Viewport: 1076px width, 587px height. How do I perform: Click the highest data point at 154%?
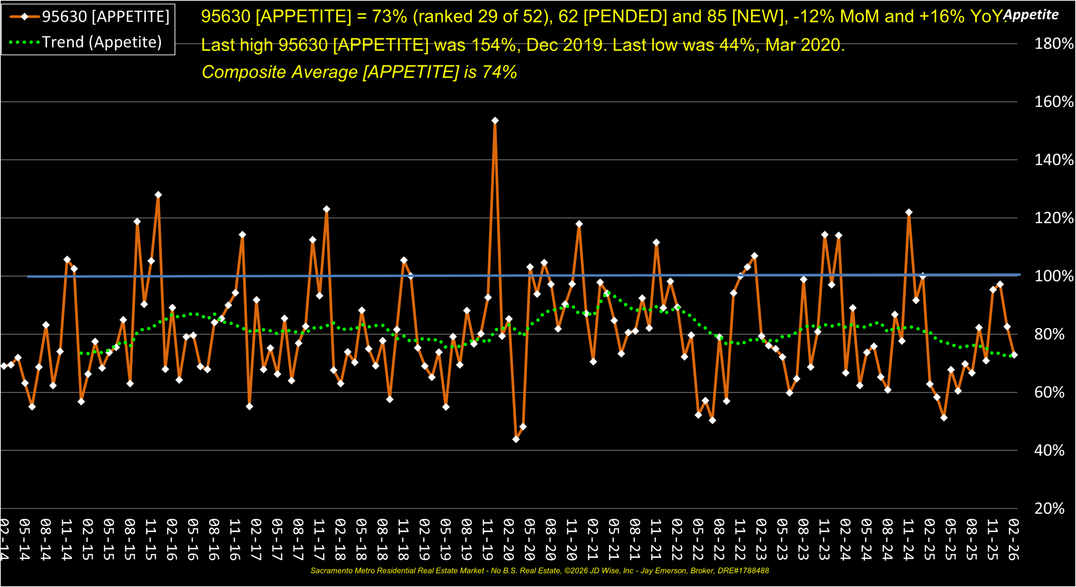click(x=495, y=121)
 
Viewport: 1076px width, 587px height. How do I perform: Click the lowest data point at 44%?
click(x=516, y=439)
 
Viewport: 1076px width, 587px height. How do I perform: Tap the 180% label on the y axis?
click(x=1053, y=44)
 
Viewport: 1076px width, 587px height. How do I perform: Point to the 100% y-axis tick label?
click(x=1053, y=276)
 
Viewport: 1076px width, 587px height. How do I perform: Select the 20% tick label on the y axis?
click(x=1050, y=509)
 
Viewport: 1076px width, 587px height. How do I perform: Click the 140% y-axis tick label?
click(x=1053, y=160)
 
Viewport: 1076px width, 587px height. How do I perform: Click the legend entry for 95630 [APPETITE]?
click(x=105, y=17)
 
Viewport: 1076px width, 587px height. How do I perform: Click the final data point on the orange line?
click(x=1014, y=355)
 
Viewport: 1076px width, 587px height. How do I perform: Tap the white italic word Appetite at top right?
click(x=1031, y=15)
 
